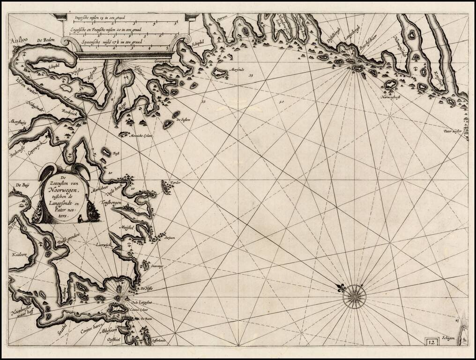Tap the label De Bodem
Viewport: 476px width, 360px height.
pyautogui.click(x=46, y=41)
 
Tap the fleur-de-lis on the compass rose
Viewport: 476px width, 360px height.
pyautogui.click(x=341, y=287)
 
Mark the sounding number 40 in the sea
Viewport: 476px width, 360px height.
pyautogui.click(x=282, y=101)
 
